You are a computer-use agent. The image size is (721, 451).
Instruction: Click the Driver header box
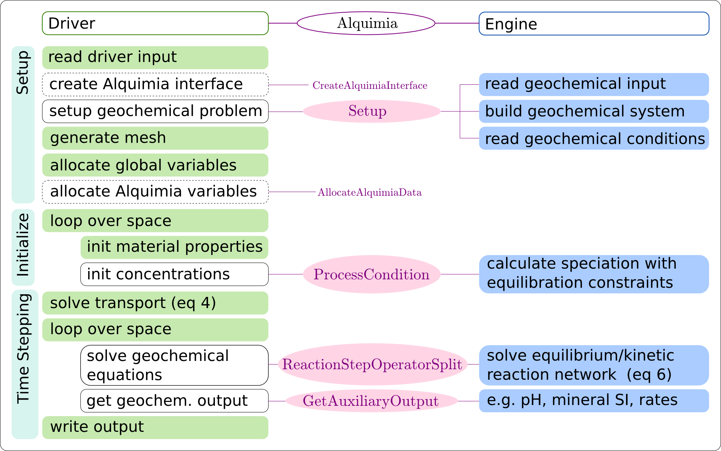pos(155,23)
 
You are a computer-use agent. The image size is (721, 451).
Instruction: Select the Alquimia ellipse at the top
pos(366,23)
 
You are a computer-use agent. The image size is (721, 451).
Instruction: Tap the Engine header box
pos(594,24)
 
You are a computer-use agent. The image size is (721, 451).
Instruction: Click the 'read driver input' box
pos(155,57)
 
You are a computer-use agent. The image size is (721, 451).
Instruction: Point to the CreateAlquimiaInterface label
pos(370,85)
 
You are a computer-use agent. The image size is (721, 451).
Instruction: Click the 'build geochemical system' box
pos(594,112)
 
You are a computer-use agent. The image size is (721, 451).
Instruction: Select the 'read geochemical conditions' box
pos(594,138)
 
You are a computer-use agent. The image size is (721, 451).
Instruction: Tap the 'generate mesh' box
pos(155,138)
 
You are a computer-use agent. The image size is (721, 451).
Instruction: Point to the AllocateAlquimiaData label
pos(370,192)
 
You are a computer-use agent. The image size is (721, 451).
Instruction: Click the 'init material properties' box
pos(174,247)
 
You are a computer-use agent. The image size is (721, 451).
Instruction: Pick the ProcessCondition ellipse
pos(372,274)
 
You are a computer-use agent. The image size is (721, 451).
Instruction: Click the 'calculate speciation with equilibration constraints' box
pos(594,274)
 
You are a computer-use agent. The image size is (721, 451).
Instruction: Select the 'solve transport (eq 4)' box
pos(155,303)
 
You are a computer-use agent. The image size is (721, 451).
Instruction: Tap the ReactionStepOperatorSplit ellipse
pos(372,364)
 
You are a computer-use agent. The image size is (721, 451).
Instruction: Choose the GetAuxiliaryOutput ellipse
pos(371,401)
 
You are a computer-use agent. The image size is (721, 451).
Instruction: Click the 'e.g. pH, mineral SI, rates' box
pos(594,400)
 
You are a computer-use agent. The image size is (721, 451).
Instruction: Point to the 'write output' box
pos(155,427)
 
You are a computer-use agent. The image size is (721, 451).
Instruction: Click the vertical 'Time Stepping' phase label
pos(24,349)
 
